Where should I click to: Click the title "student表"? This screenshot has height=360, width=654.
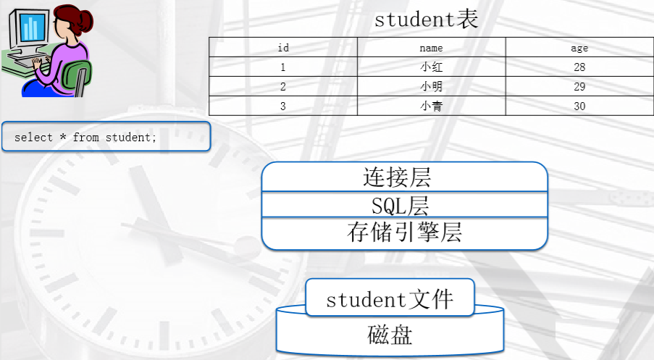click(x=426, y=20)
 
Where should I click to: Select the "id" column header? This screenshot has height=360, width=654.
click(x=283, y=49)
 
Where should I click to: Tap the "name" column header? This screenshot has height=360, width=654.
click(x=431, y=49)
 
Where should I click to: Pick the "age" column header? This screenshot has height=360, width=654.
click(x=579, y=49)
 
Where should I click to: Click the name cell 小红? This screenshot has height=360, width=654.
click(x=431, y=67)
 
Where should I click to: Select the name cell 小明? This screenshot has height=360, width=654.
click(x=431, y=87)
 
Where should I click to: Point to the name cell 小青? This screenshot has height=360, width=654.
click(x=431, y=106)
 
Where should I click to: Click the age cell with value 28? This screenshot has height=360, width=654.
click(x=579, y=67)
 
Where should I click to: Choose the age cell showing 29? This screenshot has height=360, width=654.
click(x=579, y=87)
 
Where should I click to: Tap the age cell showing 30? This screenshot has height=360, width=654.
click(x=579, y=106)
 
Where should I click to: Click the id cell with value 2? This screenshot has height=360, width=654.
click(x=283, y=87)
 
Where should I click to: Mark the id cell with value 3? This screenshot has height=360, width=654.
click(x=283, y=106)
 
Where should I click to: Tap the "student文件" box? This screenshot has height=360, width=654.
click(x=390, y=298)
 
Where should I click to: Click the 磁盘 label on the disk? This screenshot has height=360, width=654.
click(x=390, y=335)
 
